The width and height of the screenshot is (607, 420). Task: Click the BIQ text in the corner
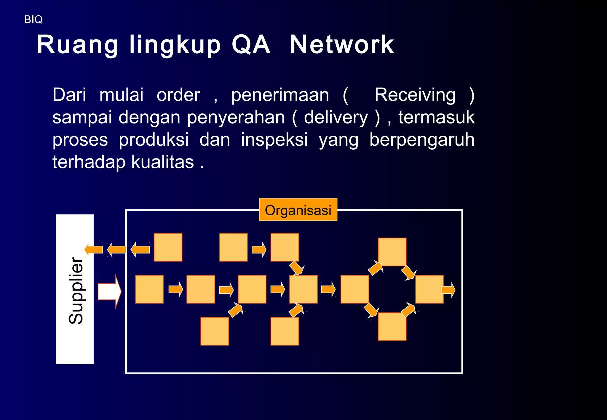click(x=33, y=20)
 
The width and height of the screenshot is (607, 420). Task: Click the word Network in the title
click(x=342, y=45)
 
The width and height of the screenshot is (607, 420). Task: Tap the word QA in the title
click(x=251, y=45)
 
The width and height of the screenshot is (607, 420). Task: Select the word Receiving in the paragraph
click(x=415, y=95)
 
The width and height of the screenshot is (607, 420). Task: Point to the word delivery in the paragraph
click(x=336, y=118)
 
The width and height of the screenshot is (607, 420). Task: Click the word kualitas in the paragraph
click(x=162, y=162)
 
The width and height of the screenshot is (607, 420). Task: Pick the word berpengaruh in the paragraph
click(x=422, y=140)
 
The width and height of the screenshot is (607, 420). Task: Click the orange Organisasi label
click(x=298, y=210)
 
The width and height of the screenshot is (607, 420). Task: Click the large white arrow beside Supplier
click(x=109, y=291)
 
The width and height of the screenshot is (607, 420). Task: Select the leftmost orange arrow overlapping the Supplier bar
click(x=94, y=249)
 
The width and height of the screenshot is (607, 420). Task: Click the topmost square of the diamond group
click(x=392, y=252)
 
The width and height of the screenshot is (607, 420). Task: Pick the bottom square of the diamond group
click(x=392, y=326)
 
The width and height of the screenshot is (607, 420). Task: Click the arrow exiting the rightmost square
click(x=448, y=290)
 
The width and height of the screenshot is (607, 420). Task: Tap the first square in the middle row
click(x=149, y=289)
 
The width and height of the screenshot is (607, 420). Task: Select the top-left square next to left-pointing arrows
click(x=168, y=247)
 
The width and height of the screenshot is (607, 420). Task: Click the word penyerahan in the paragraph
click(x=236, y=118)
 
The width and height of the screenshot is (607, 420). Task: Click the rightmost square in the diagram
click(x=429, y=289)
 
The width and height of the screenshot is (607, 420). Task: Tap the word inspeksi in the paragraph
click(x=274, y=140)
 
